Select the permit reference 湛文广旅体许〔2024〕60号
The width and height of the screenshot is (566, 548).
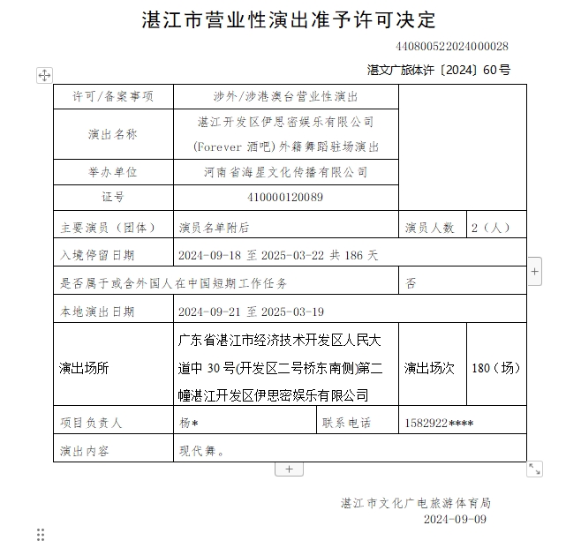tap(438, 70)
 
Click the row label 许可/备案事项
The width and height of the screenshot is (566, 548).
tap(112, 96)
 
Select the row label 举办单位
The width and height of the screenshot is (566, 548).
tap(112, 172)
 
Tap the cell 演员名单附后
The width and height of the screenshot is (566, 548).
tap(215, 227)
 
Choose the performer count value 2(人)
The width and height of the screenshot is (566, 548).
tap(491, 227)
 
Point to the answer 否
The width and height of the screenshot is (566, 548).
tap(411, 283)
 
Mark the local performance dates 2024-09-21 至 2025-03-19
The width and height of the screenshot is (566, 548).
tap(252, 312)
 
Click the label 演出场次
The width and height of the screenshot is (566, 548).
tap(430, 368)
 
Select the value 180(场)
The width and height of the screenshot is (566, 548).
tap(496, 368)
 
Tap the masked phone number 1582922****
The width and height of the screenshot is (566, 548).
tap(437, 423)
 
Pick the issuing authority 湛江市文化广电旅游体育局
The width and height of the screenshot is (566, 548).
tap(416, 503)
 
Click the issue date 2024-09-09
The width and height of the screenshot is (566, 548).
tap(455, 520)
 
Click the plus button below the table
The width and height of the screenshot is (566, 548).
tap(289, 469)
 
